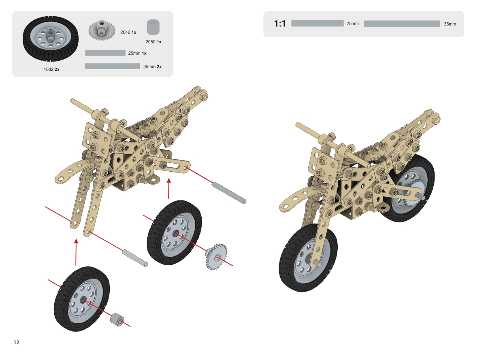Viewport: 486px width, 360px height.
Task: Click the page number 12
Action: click(x=17, y=342)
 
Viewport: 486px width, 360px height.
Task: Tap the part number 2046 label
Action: click(x=125, y=32)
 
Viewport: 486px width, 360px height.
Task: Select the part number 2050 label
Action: click(x=150, y=42)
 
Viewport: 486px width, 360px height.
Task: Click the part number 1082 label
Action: click(x=49, y=69)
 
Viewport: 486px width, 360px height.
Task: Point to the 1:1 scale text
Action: click(x=280, y=23)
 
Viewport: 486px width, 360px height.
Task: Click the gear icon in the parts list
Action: click(x=99, y=30)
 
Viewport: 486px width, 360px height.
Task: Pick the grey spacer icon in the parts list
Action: click(x=153, y=27)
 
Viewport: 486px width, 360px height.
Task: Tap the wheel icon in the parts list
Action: click(x=51, y=39)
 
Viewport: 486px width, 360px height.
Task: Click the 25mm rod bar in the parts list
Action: click(x=105, y=53)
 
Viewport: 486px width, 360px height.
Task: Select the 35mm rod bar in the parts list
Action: click(x=113, y=66)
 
